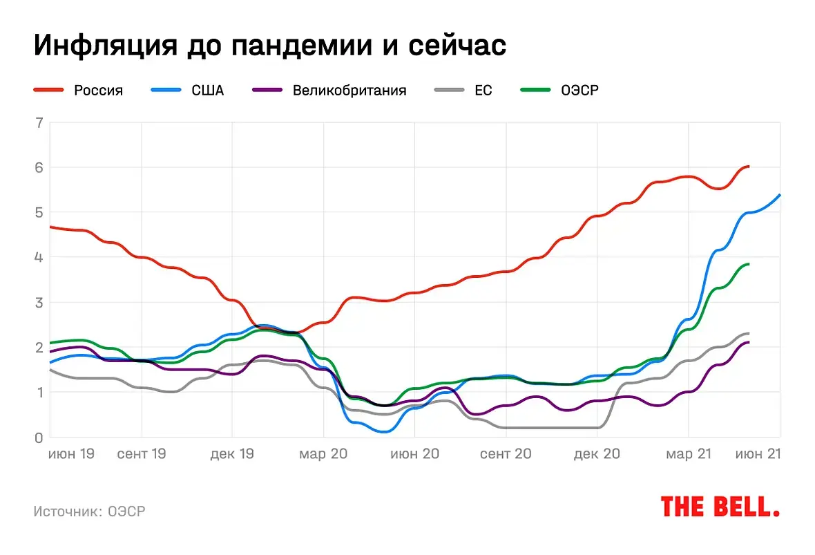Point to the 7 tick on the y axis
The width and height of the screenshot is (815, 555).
click(39, 123)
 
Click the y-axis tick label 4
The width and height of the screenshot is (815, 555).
click(39, 257)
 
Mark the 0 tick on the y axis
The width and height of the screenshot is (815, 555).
click(39, 438)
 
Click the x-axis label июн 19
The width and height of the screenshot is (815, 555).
click(71, 454)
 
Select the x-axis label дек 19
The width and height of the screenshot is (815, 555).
click(232, 454)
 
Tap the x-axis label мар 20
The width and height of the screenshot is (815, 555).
click(323, 454)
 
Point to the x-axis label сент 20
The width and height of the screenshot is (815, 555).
click(506, 454)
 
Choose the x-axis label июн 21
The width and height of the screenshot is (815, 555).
click(758, 454)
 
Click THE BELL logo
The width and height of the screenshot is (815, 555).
click(720, 507)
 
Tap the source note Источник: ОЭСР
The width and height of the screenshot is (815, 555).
click(90, 511)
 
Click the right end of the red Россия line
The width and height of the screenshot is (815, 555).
click(749, 167)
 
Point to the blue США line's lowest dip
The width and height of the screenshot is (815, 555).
click(384, 431)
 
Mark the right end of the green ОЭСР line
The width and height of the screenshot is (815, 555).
click(749, 264)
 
